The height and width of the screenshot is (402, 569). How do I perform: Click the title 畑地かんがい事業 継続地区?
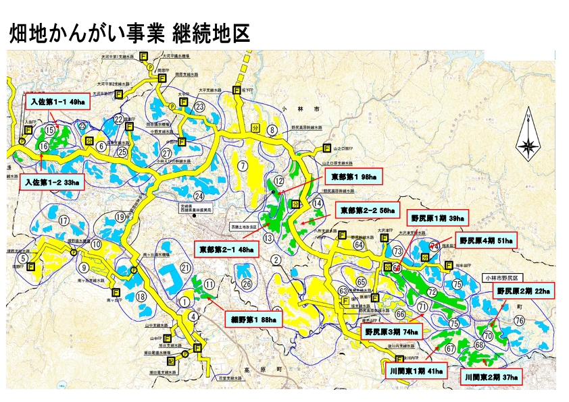click(129, 34)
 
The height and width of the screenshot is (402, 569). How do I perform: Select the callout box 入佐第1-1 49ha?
click(57, 103)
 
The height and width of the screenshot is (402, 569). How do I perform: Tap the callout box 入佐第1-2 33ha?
click(51, 181)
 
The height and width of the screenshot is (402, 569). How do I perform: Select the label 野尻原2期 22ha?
click(523, 291)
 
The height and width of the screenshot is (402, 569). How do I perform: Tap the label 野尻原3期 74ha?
click(391, 332)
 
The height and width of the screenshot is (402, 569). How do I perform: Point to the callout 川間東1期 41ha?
click(417, 371)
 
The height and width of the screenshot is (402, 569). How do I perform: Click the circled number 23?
click(199, 107)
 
